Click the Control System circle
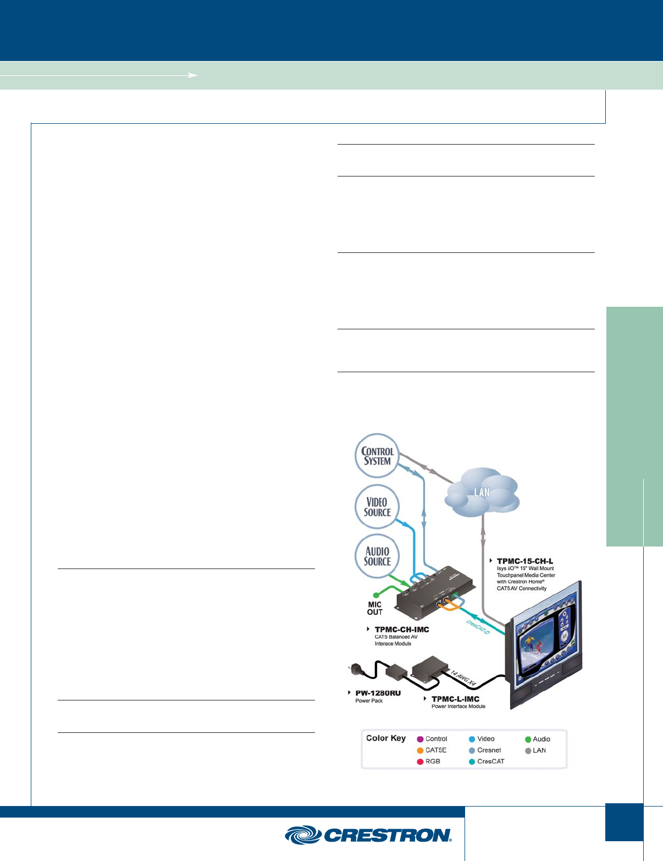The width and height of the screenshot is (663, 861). tap(377, 456)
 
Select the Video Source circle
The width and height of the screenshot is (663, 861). tap(377, 506)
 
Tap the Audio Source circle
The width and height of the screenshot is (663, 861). tap(377, 556)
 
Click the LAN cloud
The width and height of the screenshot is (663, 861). tap(482, 493)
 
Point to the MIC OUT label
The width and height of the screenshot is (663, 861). tap(375, 608)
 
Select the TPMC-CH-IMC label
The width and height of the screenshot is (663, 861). tap(401, 630)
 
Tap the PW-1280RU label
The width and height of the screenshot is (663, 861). tap(378, 693)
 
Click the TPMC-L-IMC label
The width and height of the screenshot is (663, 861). tap(455, 699)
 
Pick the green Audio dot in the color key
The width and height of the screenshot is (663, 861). tap(528, 739)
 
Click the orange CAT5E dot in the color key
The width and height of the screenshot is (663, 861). tap(421, 750)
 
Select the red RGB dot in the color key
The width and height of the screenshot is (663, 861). tap(421, 761)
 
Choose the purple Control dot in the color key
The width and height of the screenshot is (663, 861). tap(421, 739)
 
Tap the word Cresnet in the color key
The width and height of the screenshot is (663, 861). tap(489, 750)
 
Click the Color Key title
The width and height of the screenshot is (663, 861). tap(386, 738)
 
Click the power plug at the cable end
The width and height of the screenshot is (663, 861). tap(354, 670)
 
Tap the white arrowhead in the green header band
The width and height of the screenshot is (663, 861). tap(193, 75)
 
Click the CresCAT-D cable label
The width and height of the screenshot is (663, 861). tap(478, 627)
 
